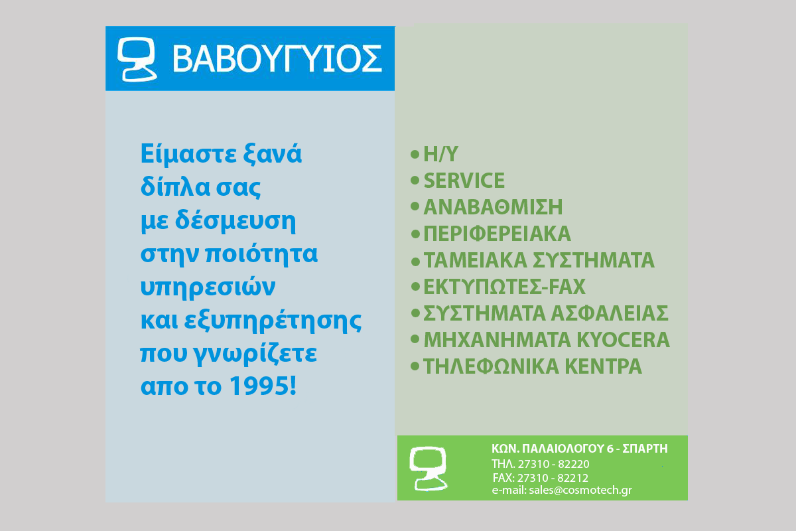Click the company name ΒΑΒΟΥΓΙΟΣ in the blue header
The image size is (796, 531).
[277, 58]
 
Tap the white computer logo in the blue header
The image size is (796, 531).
[137, 59]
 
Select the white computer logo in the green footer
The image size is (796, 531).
[429, 469]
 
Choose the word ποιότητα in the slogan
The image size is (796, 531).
[261, 254]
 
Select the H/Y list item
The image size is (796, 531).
[440, 155]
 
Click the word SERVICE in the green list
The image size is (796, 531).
[464, 181]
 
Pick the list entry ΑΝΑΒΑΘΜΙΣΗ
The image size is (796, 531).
[494, 207]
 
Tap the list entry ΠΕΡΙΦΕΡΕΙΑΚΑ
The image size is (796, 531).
[497, 234]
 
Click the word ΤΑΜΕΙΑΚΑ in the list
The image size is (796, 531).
[476, 260]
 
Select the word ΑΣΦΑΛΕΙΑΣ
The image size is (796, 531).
[610, 313]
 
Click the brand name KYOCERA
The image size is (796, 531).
[624, 340]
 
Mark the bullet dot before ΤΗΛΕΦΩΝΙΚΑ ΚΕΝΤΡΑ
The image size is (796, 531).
[415, 366]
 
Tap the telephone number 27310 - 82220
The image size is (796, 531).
[553, 464]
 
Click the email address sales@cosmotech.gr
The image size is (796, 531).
[580, 490]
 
